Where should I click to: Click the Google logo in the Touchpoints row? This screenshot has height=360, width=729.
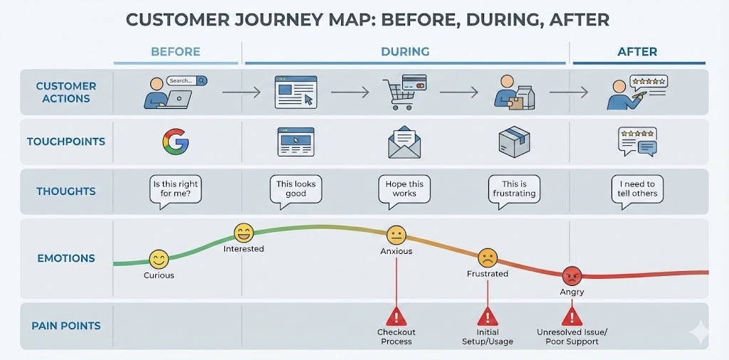175,142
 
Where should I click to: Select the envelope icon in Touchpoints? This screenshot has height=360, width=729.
404,142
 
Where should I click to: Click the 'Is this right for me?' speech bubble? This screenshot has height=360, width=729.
175,190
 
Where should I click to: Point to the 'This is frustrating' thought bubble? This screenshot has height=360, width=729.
513,190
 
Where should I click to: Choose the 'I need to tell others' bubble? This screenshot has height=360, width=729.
637,190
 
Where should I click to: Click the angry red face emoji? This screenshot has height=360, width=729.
572,275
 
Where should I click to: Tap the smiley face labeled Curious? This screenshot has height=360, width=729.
159,259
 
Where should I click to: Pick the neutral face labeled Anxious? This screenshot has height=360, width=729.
396,235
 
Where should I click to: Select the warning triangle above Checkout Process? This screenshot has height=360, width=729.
396,316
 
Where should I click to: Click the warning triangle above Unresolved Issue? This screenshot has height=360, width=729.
572,316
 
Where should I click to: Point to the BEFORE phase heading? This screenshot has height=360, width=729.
176,52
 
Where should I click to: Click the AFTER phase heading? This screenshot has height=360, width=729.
637,52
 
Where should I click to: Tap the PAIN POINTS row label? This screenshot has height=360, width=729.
66,326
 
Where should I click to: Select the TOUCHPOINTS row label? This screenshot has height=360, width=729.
66,142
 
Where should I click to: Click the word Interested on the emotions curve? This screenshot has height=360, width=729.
243,249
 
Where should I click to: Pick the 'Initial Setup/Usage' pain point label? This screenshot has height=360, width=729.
488,337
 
